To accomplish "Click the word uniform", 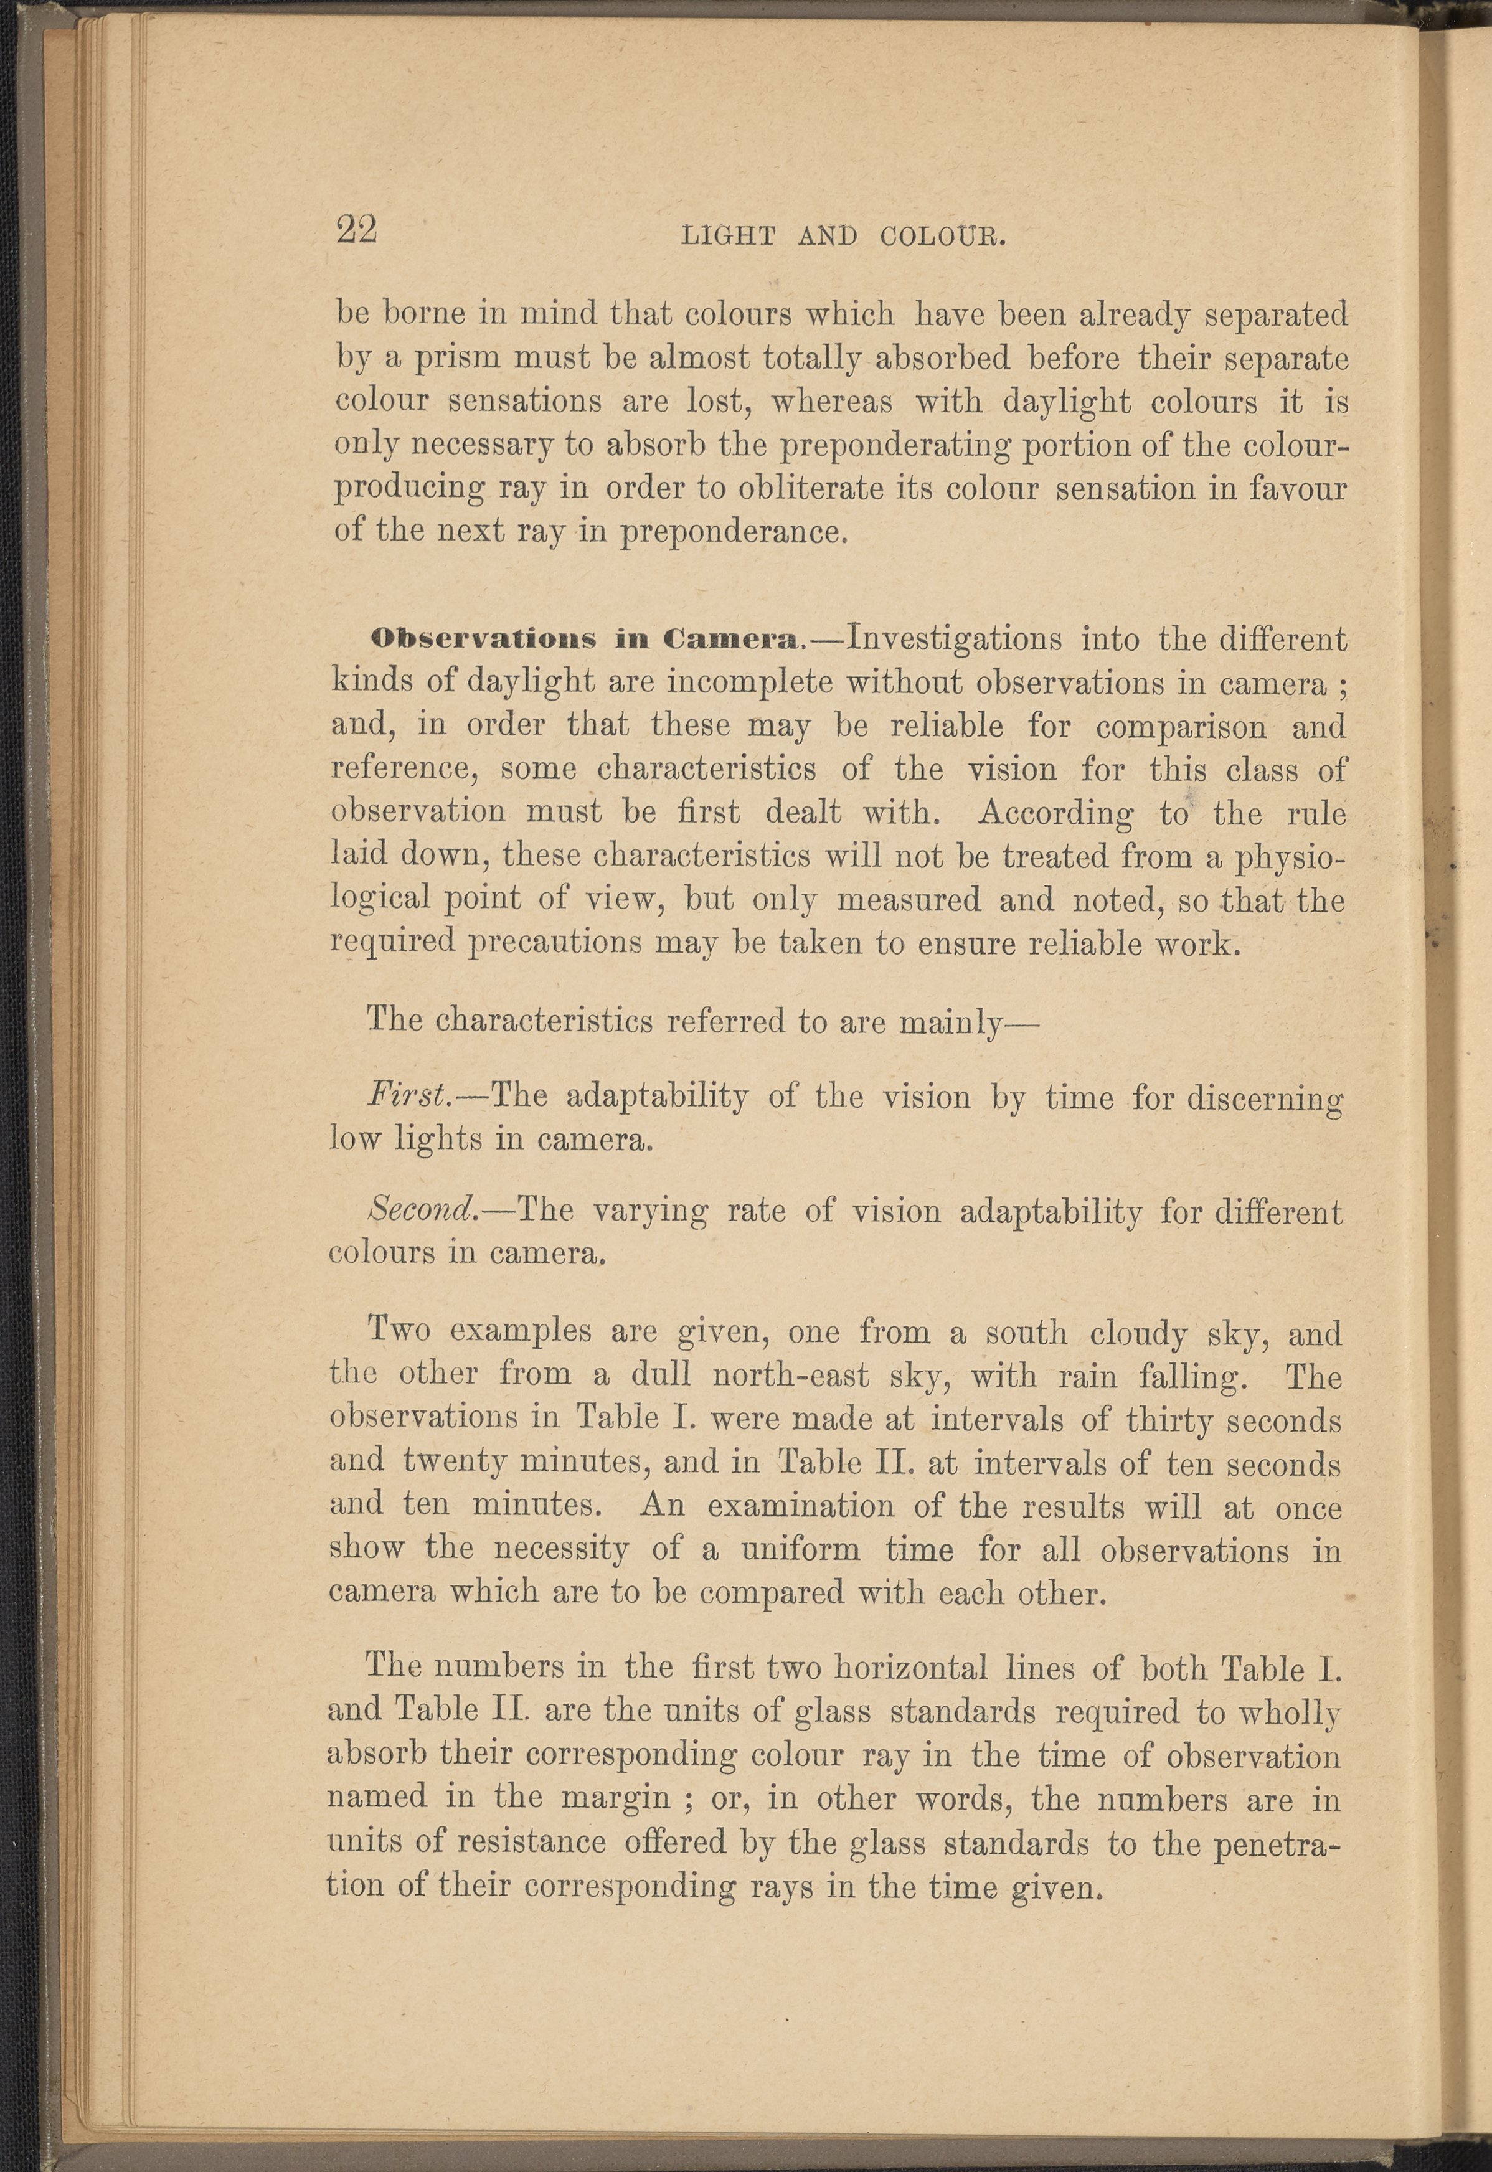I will point(800,1549).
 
